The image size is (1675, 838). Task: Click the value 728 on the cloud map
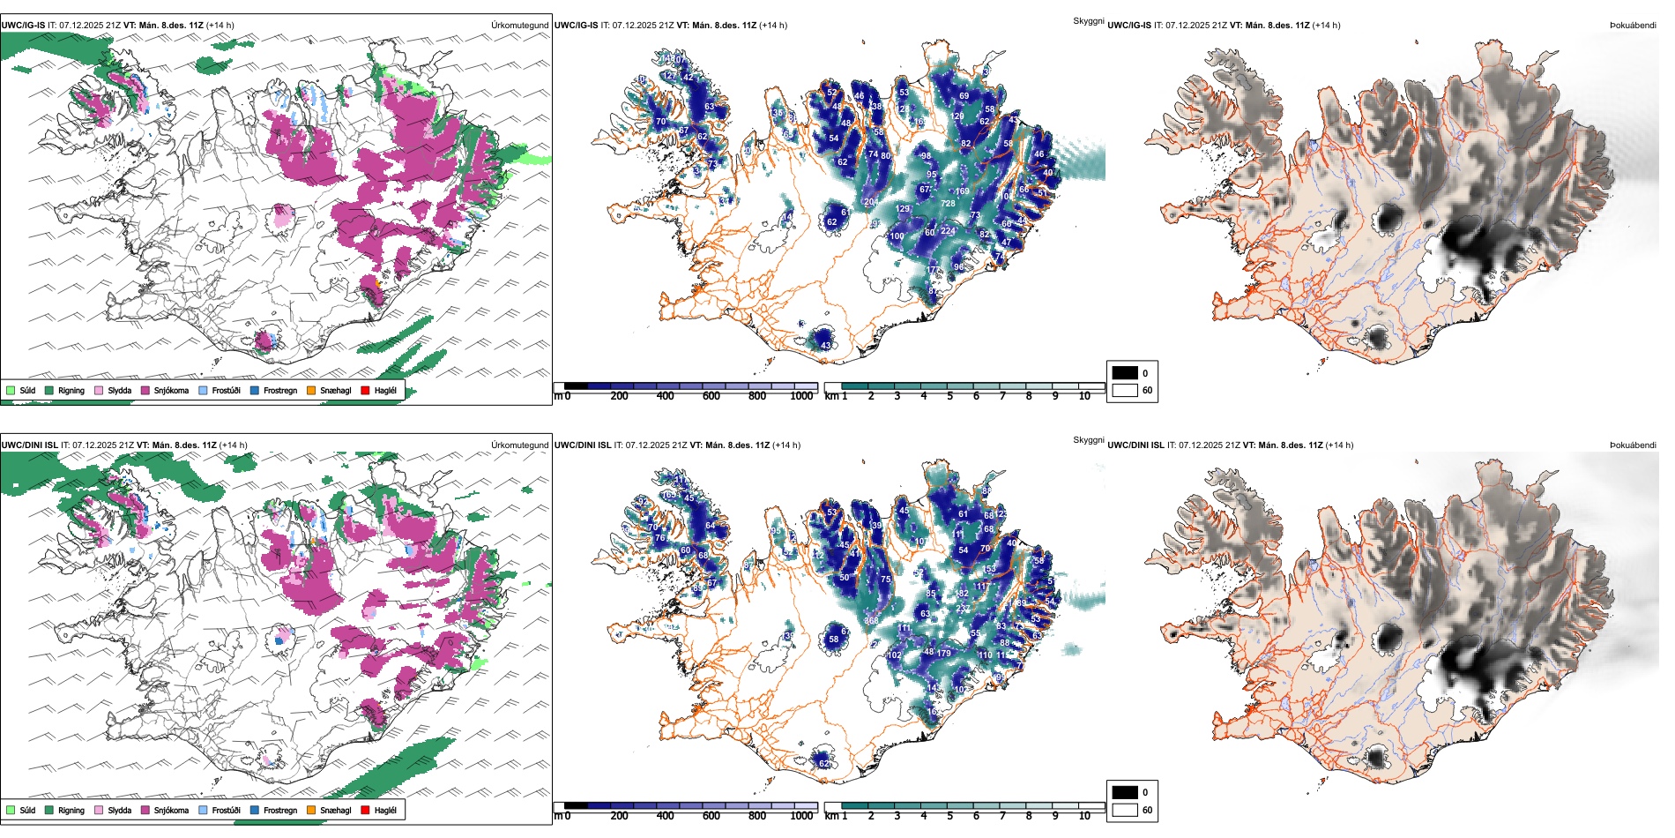click(948, 204)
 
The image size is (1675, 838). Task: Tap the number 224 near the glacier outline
click(948, 231)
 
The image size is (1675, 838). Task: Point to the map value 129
click(903, 209)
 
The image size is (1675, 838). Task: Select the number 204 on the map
click(871, 202)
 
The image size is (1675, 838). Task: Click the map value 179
click(944, 654)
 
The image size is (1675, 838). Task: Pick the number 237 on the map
click(963, 609)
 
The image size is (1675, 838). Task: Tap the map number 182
click(963, 594)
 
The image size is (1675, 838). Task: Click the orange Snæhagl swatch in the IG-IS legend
click(311, 390)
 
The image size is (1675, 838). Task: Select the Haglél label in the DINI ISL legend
click(385, 810)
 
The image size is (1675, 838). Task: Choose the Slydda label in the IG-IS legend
click(120, 390)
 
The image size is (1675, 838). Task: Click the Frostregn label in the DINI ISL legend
click(280, 810)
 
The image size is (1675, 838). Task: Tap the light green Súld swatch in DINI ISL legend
click(11, 810)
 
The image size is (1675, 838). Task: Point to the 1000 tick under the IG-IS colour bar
click(801, 396)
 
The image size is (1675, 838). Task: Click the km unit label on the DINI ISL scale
click(831, 816)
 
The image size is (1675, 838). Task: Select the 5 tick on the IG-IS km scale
click(950, 396)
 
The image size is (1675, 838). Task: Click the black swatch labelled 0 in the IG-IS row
click(1125, 373)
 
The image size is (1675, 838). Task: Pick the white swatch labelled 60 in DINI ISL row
click(1125, 810)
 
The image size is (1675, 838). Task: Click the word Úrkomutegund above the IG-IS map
click(519, 26)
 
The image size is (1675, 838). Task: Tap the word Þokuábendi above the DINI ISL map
click(1633, 445)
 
